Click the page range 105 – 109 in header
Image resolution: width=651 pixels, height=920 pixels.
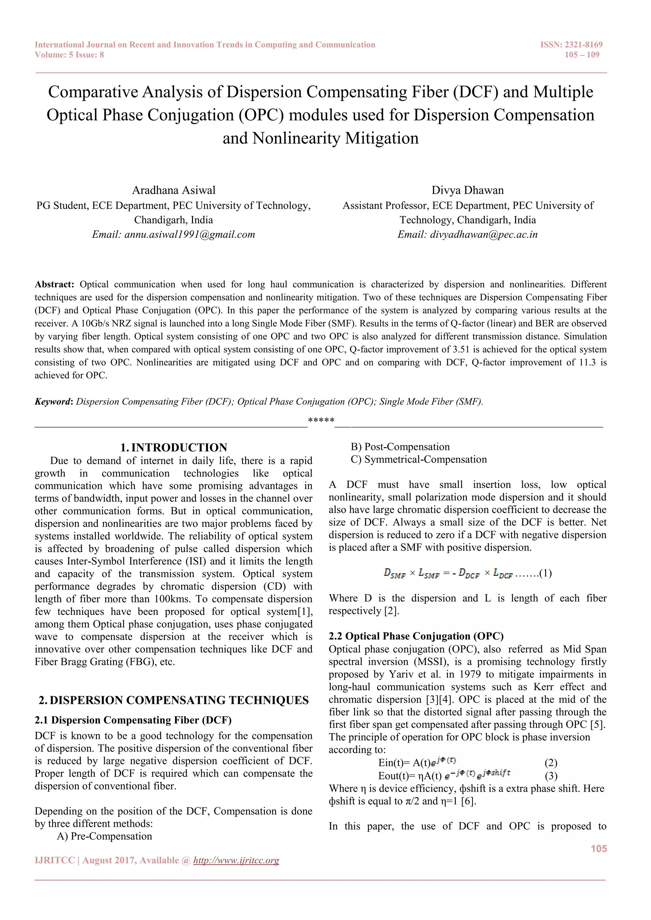click(582, 55)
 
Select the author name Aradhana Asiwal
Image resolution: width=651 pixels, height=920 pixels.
click(174, 190)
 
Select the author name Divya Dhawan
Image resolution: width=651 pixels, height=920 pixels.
click(467, 190)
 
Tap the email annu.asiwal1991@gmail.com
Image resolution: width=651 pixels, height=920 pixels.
click(189, 235)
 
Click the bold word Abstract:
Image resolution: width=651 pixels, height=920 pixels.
click(55, 284)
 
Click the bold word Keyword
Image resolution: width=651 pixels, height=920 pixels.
click(52, 401)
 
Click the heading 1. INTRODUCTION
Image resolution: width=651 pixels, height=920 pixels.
click(174, 447)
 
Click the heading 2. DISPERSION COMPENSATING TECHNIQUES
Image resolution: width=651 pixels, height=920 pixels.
click(174, 700)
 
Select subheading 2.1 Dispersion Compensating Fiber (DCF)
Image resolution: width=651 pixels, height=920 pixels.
click(133, 720)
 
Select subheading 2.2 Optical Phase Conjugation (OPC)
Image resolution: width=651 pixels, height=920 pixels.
click(416, 636)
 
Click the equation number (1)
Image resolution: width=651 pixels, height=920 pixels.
click(545, 573)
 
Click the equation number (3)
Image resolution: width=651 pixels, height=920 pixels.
click(551, 776)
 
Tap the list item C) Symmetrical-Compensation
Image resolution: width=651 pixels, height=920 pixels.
click(419, 460)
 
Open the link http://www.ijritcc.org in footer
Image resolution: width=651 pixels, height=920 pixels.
click(236, 860)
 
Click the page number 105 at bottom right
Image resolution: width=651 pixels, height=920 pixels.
click(599, 849)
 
